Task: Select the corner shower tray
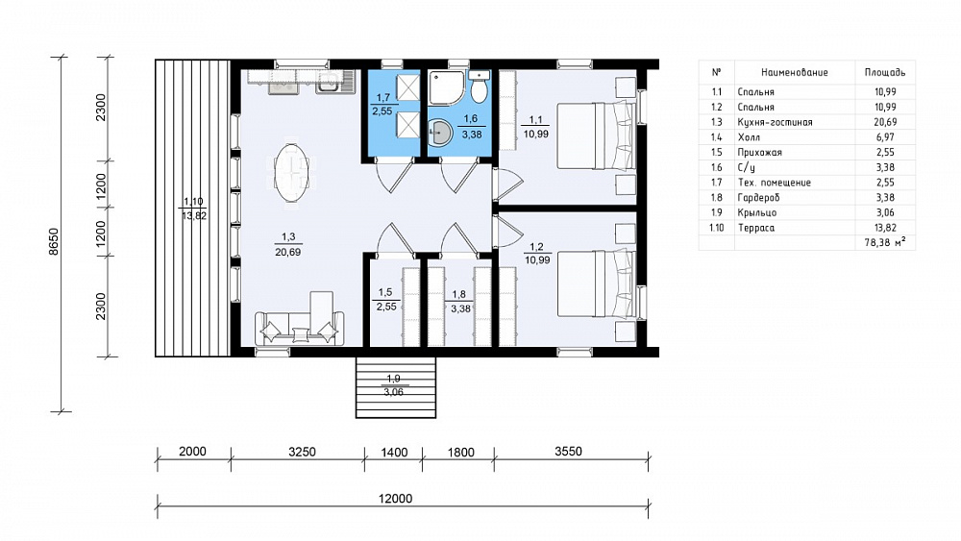(x=447, y=88)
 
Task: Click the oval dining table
(x=292, y=172)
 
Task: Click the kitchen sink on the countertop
(x=334, y=82)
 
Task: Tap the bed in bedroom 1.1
(x=596, y=135)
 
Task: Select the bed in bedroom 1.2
(x=596, y=283)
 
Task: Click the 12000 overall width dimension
(x=395, y=499)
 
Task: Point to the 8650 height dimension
(x=54, y=241)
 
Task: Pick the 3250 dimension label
(x=302, y=453)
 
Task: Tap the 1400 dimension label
(x=394, y=453)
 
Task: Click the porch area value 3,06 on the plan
(x=393, y=392)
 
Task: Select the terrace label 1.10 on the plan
(x=193, y=202)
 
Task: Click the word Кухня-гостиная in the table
(x=775, y=122)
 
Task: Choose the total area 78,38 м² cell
(x=885, y=242)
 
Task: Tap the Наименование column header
(x=795, y=72)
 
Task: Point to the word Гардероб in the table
(x=759, y=197)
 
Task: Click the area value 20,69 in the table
(x=885, y=122)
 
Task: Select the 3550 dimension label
(x=568, y=452)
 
